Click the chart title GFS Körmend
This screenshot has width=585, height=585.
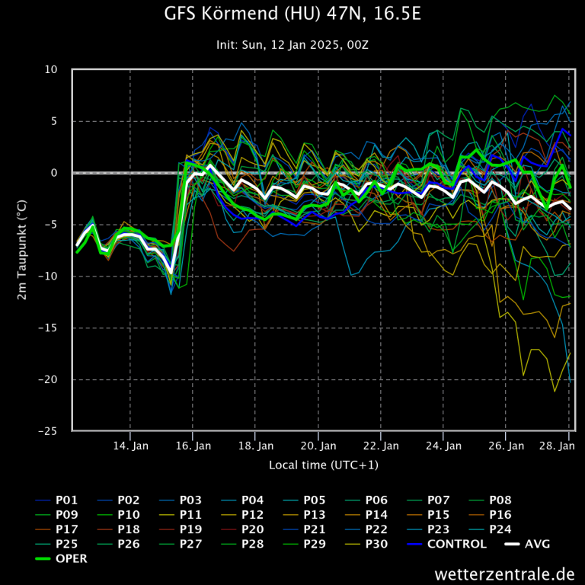pyautogui.click(x=292, y=14)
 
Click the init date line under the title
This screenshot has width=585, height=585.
pyautogui.click(x=292, y=45)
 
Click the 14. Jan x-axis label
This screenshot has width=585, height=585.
pyautogui.click(x=130, y=446)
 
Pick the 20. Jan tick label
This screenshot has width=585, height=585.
pyautogui.click(x=318, y=446)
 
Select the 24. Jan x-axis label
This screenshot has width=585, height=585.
pyautogui.click(x=444, y=446)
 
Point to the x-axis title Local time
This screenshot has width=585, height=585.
pyautogui.click(x=323, y=465)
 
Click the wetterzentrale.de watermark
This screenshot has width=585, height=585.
pyautogui.click(x=504, y=574)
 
